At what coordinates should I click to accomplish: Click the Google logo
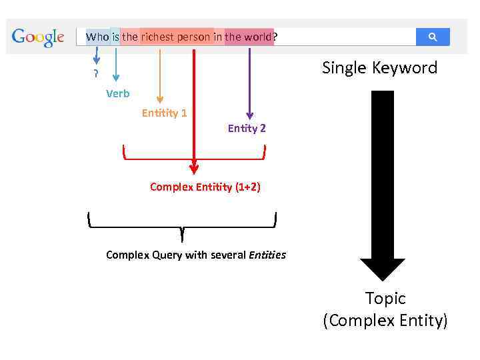tap(38, 37)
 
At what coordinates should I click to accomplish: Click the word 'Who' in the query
tap(97, 37)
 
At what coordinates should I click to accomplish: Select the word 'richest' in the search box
tap(157, 37)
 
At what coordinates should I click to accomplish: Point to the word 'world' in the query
tap(257, 37)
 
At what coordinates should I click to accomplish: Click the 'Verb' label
tap(117, 94)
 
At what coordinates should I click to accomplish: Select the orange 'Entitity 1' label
tap(164, 113)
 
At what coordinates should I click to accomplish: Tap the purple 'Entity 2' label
tap(247, 129)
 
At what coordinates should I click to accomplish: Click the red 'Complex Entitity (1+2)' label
tap(205, 187)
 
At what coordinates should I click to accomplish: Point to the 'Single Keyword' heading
tap(379, 68)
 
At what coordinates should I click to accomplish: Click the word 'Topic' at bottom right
tap(385, 299)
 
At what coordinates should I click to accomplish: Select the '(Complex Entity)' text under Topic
tap(385, 321)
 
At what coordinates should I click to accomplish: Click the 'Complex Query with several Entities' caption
tap(196, 255)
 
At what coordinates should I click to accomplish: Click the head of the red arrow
tap(194, 168)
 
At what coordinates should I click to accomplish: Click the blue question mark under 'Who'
tap(96, 74)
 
